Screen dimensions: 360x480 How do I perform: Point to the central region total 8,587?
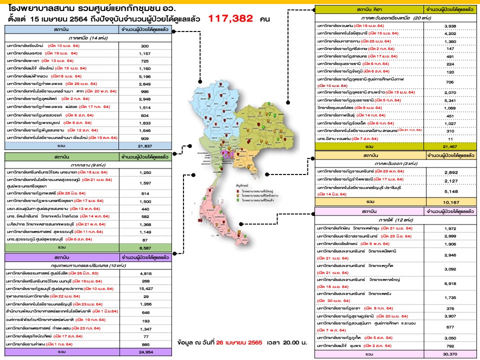(x=145, y=247)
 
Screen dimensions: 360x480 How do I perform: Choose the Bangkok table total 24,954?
(x=145, y=352)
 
